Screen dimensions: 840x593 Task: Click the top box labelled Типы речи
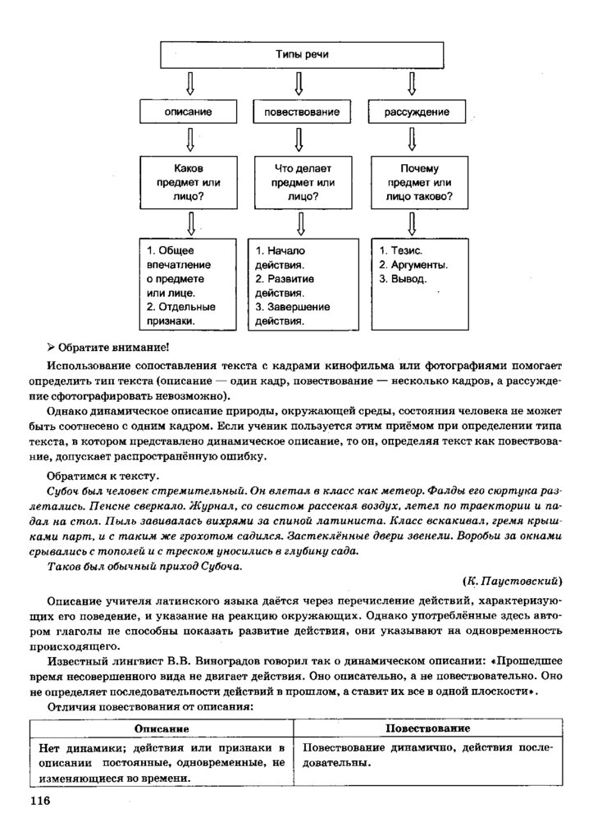tap(296, 54)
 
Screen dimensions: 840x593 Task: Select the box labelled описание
tap(187, 111)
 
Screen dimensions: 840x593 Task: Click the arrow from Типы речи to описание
tap(189, 83)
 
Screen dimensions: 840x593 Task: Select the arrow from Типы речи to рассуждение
tap(412, 83)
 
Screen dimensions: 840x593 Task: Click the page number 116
tap(40, 800)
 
